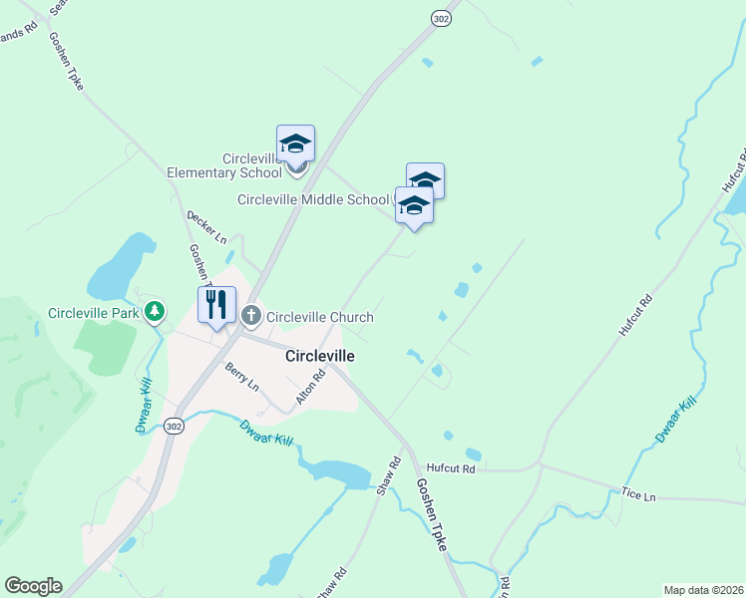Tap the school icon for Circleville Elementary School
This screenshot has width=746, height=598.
[x=295, y=145]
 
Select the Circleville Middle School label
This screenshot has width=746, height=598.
[x=313, y=199]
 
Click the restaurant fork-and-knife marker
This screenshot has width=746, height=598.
[x=216, y=304]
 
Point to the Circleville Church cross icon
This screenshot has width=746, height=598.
[x=251, y=317]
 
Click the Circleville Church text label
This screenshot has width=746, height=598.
[x=319, y=317]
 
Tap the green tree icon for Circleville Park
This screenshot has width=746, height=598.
[x=154, y=313]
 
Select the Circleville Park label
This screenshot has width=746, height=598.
[x=94, y=313]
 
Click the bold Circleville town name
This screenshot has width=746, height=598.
[x=320, y=355]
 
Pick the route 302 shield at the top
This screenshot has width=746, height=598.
[x=442, y=18]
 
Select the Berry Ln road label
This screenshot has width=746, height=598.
[x=241, y=376]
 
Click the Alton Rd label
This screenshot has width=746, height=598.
[x=311, y=388]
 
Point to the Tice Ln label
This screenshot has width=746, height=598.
[x=638, y=495]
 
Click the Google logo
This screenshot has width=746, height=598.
[x=33, y=586]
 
